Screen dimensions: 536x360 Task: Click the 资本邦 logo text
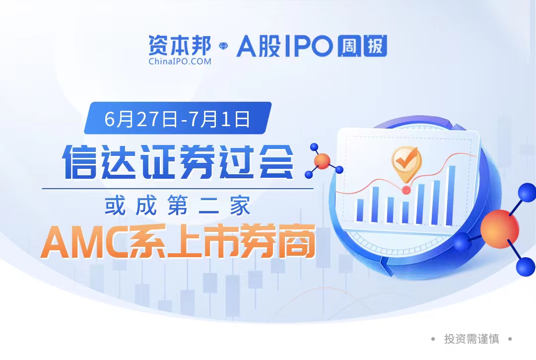point(180,45)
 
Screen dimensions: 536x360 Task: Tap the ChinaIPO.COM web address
point(180,62)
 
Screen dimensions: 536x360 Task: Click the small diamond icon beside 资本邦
point(223,46)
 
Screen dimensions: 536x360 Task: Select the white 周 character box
point(349,46)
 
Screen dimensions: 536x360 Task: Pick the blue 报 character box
point(375,46)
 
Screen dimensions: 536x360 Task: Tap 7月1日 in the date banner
point(220,119)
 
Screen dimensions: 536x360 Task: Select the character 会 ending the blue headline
point(276,161)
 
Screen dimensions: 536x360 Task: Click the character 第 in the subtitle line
point(177,206)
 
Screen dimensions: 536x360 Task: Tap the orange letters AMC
point(85,241)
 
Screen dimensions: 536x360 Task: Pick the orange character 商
point(296,241)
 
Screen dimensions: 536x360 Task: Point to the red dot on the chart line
point(406,190)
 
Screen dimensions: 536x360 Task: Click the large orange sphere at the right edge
point(500,229)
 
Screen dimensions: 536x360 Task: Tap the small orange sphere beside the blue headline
point(322,161)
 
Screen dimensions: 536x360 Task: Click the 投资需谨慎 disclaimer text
point(471,339)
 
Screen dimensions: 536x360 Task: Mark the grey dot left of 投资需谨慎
point(433,339)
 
